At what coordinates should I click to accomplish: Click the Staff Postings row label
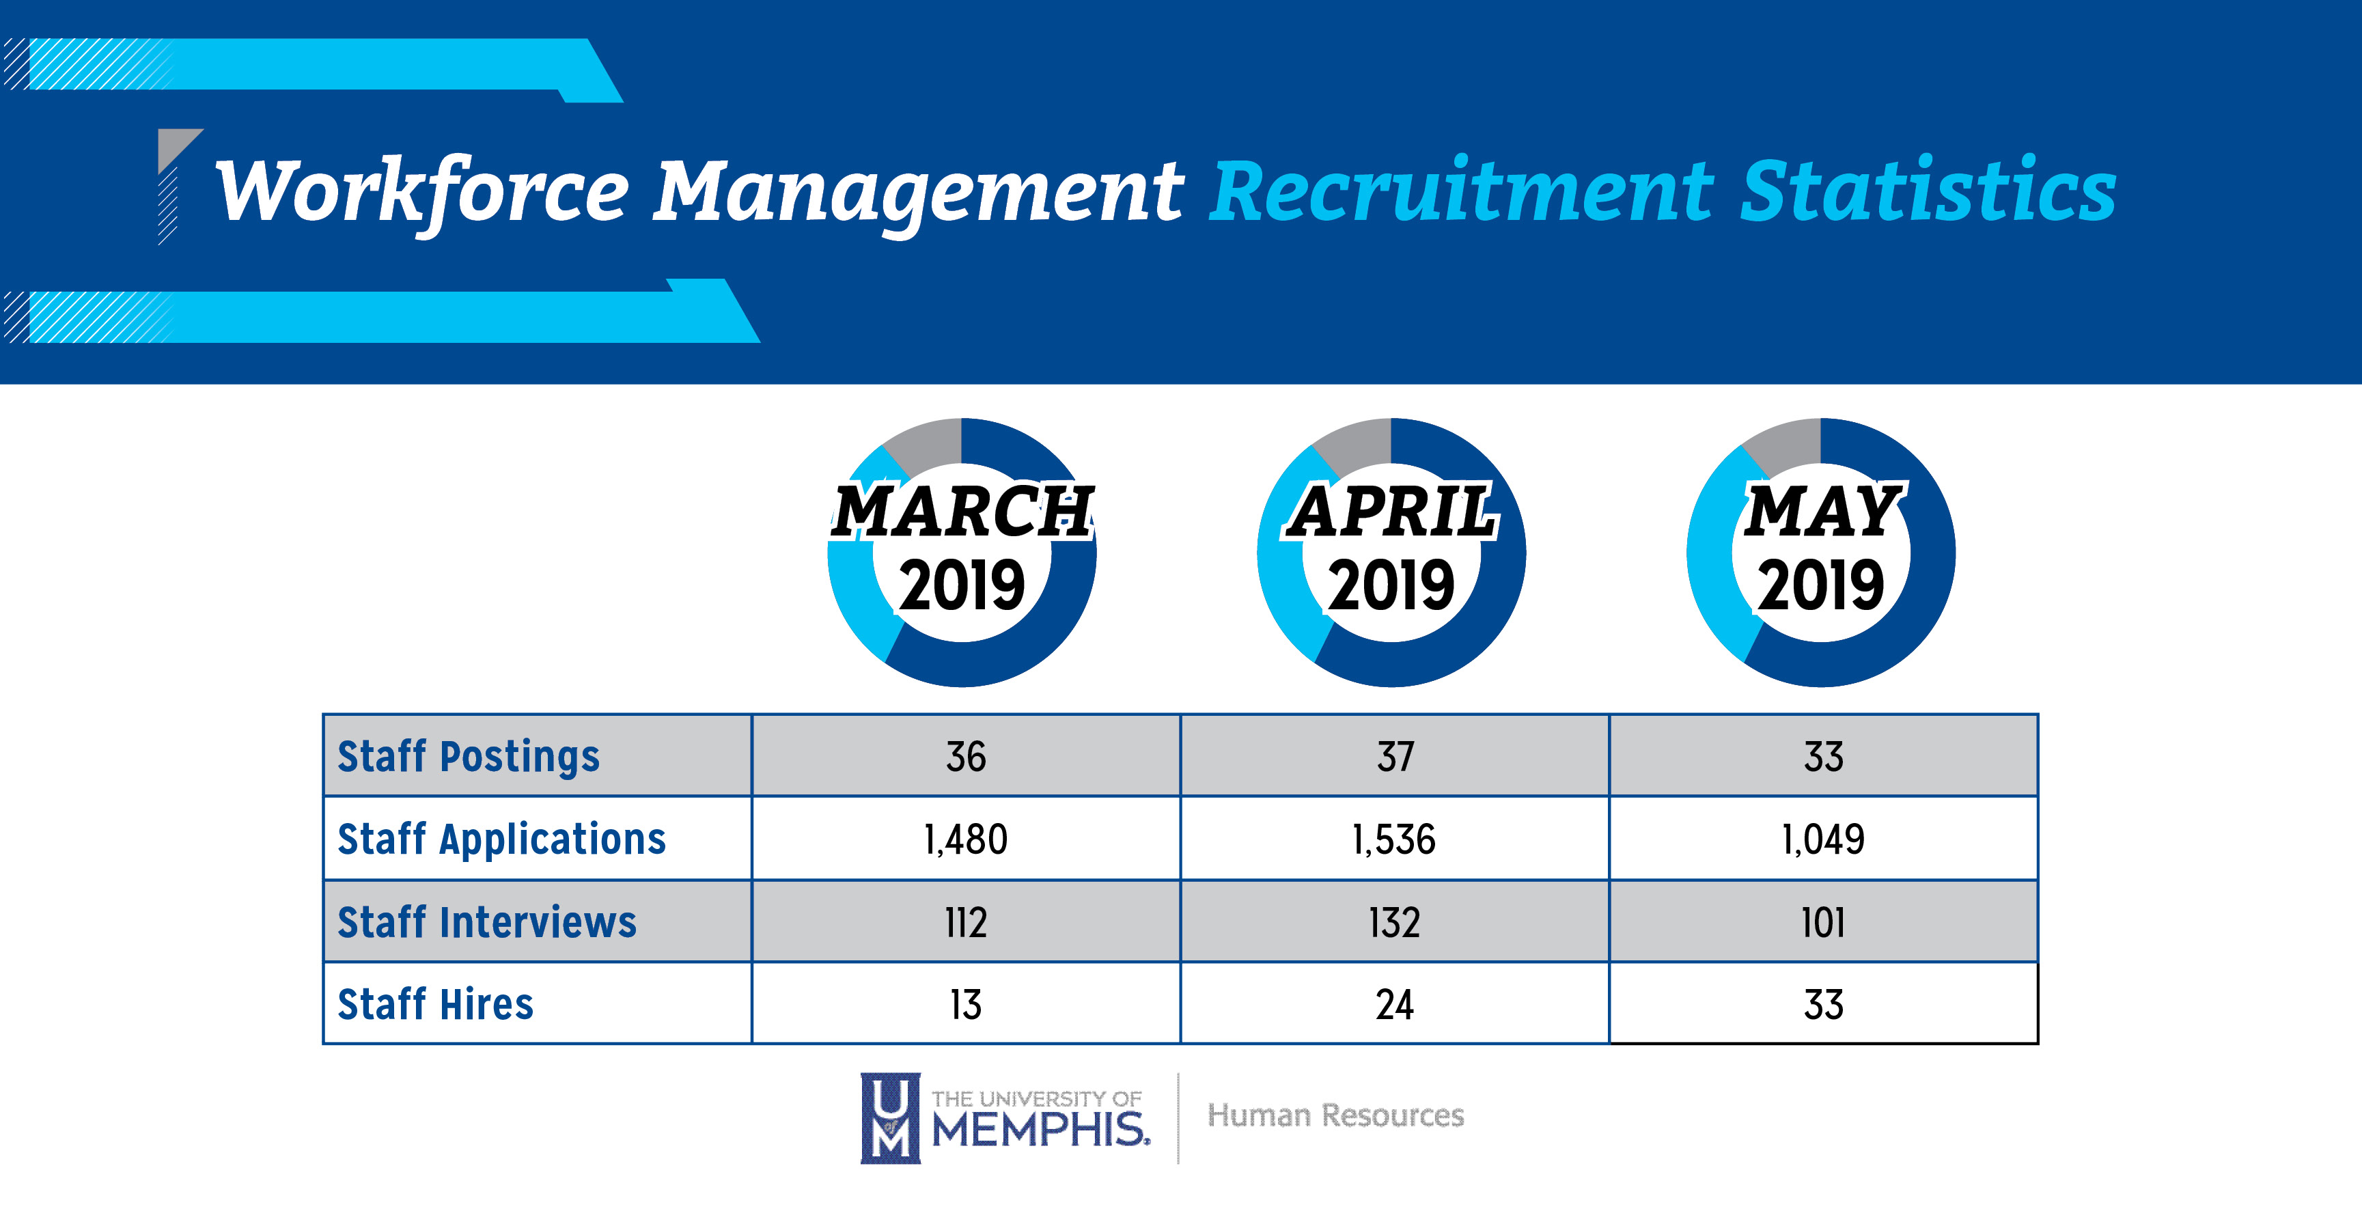click(469, 757)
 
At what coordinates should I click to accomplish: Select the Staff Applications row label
click(501, 840)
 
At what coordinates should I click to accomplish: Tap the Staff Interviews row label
click(487, 922)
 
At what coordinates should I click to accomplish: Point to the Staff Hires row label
click(436, 1005)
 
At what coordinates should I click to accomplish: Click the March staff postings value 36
click(966, 757)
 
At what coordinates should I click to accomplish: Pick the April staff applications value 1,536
click(1393, 840)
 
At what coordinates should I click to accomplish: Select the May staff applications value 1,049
click(1823, 840)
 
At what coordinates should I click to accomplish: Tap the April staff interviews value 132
click(1393, 922)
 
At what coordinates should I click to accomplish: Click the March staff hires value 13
click(966, 1005)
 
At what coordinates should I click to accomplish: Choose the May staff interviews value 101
click(1823, 922)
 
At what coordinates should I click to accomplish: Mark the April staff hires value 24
click(1393, 1005)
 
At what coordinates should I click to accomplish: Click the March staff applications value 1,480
click(966, 840)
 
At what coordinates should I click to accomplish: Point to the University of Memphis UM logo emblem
click(889, 1117)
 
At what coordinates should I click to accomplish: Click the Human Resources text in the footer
click(1335, 1116)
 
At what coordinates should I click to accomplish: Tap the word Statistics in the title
click(1928, 192)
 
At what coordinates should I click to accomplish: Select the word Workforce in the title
click(422, 192)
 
